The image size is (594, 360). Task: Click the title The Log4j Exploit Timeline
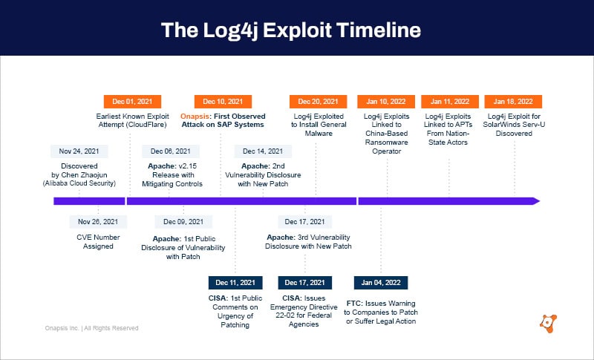(291, 30)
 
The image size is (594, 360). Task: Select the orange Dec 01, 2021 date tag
(131, 102)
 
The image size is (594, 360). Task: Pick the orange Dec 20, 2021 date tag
(318, 102)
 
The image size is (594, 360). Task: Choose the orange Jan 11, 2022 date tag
(449, 102)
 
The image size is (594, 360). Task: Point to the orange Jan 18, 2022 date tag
(513, 102)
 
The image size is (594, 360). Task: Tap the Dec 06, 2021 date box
(172, 151)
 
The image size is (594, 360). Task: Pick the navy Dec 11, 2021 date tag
(235, 283)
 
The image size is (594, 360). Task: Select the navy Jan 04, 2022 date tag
(381, 283)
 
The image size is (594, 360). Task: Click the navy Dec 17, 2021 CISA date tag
(307, 283)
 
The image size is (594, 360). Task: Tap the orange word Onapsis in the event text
(196, 116)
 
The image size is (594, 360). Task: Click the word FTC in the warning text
(354, 304)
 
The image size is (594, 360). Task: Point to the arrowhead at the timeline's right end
(535, 201)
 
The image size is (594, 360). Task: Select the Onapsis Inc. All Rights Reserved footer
(91, 327)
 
